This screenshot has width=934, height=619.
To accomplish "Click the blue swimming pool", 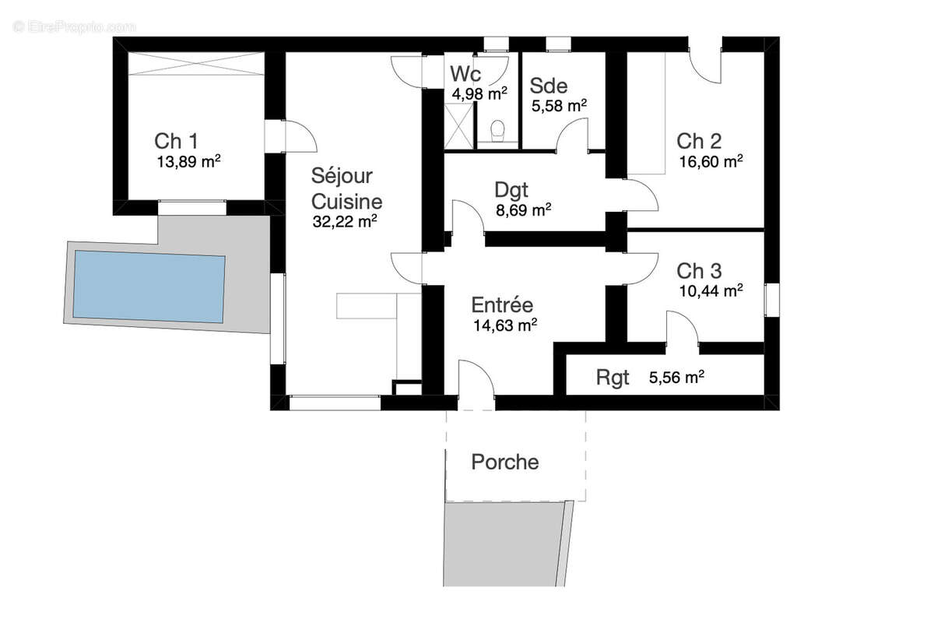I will (149, 287).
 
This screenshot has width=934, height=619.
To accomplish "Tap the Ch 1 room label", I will (176, 142).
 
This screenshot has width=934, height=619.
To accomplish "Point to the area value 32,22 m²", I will (345, 221).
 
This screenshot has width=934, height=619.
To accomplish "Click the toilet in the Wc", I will (498, 129).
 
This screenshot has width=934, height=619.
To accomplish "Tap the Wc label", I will (466, 75).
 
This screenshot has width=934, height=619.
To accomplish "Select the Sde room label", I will (549, 86).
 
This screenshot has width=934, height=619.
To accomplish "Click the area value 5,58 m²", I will (559, 105).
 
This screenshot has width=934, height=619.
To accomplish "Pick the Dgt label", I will (511, 190).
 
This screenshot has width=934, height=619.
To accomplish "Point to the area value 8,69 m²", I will (523, 209).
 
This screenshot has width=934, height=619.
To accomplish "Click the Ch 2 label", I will (699, 142).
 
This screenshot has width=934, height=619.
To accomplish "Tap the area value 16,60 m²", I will (710, 162).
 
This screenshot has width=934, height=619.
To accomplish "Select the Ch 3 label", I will (699, 271).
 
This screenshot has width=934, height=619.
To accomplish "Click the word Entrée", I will (502, 304).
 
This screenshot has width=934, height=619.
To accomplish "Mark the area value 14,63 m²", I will (505, 325).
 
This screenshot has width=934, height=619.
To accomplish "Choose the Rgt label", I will (613, 378).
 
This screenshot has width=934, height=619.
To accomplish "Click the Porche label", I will (505, 462).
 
